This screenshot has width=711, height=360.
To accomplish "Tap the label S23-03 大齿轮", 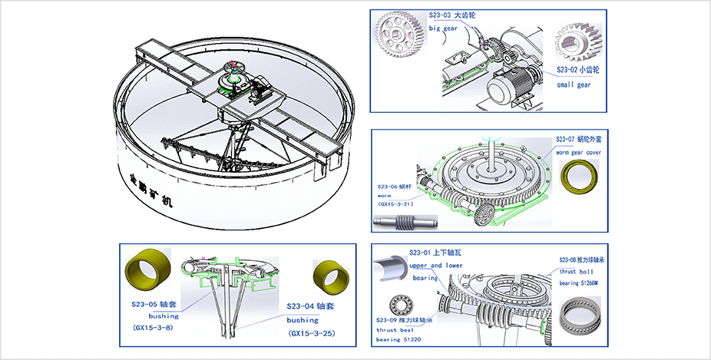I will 455,15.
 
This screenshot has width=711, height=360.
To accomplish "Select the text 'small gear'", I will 574,84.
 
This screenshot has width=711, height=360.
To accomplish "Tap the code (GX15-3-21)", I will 395,206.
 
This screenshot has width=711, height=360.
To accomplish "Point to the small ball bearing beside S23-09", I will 399,302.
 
